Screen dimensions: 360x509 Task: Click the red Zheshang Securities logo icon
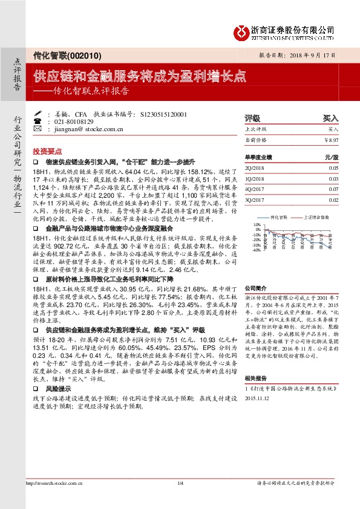point(241,30)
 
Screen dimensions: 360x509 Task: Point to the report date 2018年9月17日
point(307,54)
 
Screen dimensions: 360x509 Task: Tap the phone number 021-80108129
point(77,121)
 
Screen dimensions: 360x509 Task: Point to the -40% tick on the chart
point(257,250)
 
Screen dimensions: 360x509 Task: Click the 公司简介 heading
point(254,290)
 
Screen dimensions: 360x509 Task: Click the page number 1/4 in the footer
point(180,484)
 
